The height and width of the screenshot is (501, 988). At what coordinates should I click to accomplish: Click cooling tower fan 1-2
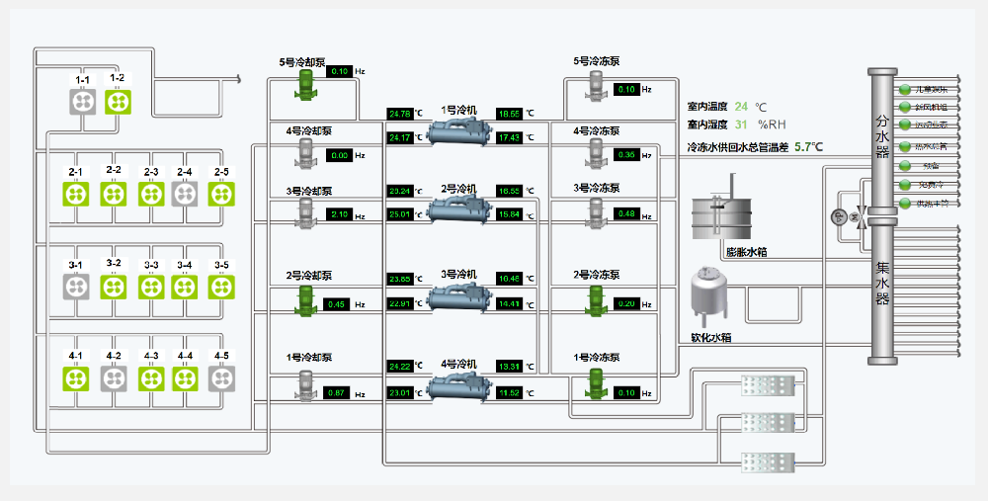click(118, 101)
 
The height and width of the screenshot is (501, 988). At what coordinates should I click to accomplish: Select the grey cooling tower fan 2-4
click(185, 194)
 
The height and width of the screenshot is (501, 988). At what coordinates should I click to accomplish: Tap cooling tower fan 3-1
click(78, 287)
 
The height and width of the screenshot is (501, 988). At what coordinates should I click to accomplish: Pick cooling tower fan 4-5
click(220, 377)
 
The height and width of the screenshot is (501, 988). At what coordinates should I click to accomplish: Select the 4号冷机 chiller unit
click(457, 386)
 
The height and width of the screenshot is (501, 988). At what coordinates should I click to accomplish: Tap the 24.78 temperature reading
click(400, 114)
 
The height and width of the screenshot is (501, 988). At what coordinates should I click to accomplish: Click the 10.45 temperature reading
click(509, 279)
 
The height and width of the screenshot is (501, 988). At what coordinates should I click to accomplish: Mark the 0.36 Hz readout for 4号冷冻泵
click(626, 155)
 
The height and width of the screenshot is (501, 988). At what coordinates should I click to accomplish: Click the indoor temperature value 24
click(741, 106)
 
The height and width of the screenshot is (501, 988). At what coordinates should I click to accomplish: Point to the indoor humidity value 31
click(741, 125)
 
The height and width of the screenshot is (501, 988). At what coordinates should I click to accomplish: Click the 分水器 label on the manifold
click(882, 136)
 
